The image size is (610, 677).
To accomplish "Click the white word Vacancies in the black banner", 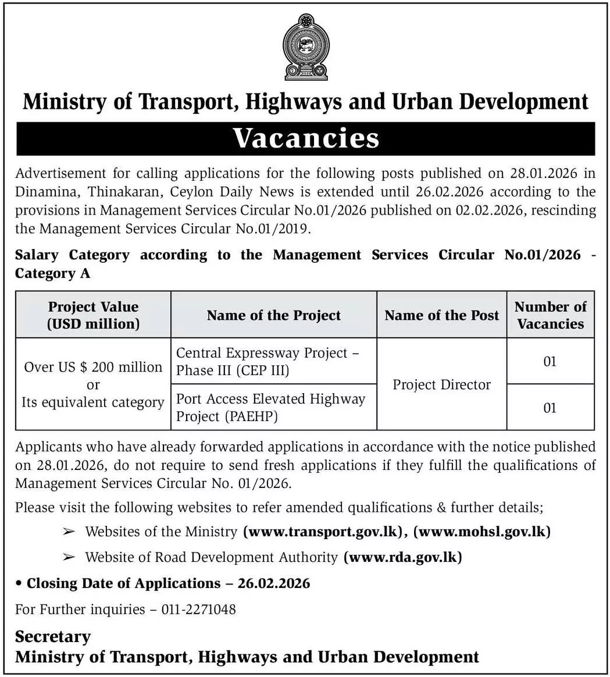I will click(306, 138).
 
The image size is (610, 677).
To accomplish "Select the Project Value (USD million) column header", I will click(93, 315).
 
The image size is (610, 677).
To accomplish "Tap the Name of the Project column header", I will click(273, 315).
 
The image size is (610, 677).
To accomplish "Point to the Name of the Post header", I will click(441, 315).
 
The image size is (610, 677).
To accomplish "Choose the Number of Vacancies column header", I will click(550, 315).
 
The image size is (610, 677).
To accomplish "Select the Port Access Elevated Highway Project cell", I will click(270, 407).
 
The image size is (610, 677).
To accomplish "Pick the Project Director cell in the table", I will click(441, 384).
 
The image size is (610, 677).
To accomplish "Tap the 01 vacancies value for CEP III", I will click(550, 361).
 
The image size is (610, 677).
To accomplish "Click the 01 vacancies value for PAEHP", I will click(550, 408).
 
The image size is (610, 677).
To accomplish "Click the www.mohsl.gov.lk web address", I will click(482, 531).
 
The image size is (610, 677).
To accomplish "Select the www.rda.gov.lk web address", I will click(403, 557).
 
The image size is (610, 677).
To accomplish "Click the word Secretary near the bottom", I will click(53, 636).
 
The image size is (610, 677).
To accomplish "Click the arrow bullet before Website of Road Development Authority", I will click(69, 557).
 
